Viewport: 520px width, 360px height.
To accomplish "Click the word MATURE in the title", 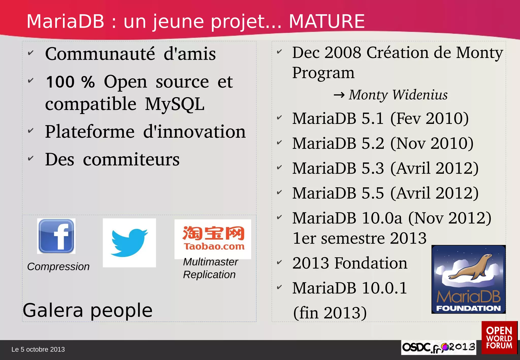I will pos(327,21).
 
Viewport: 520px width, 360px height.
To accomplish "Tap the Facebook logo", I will pos(56,236).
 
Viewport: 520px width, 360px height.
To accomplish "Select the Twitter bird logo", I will pos(129,243).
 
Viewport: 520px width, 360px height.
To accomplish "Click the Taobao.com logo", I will pos(213,239).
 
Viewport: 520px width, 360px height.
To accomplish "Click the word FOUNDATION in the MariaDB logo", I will pos(468,308).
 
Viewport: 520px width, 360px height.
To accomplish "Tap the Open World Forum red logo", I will pos(499,338).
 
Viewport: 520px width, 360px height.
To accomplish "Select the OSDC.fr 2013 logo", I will pos(438,347).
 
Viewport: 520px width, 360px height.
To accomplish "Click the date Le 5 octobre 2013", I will pos(38,349).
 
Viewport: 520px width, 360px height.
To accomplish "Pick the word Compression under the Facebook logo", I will pos(58,267).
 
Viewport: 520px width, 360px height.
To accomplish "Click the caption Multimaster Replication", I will pos(210,268).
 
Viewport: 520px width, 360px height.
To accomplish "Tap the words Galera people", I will pos(88,310).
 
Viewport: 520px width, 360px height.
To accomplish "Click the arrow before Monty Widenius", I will pos(339,95).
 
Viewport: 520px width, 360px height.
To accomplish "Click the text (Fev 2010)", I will pos(429,118).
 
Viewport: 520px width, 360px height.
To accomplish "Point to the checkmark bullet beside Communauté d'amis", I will pos(30,53).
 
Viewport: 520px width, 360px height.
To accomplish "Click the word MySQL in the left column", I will pos(175,104).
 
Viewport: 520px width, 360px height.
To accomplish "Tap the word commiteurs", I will pos(131,159).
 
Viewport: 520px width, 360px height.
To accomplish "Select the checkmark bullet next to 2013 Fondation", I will pos(279,262).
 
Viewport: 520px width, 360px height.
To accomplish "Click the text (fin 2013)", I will pos(330,313).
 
